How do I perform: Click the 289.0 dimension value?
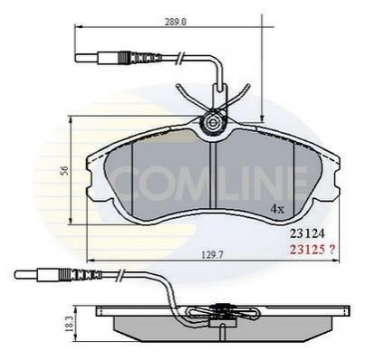click(x=176, y=22)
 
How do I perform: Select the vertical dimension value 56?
click(x=64, y=171)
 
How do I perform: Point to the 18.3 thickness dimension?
click(x=69, y=325)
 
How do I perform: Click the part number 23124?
click(x=307, y=233)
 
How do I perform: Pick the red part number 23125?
click(x=307, y=250)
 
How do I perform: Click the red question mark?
click(x=331, y=250)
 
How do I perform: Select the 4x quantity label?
click(x=277, y=209)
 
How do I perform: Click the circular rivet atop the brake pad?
click(x=213, y=123)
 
